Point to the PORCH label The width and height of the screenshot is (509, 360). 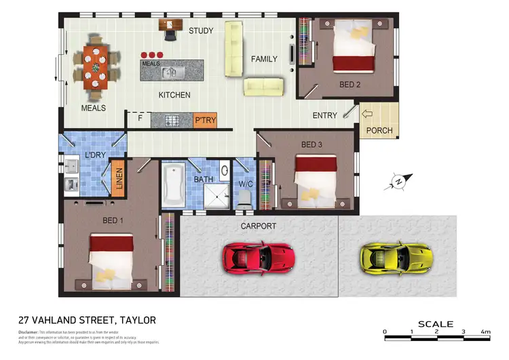[379, 131]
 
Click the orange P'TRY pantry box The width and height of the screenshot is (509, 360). [204, 120]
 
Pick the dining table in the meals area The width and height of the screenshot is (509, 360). [96, 67]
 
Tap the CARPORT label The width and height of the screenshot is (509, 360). [259, 226]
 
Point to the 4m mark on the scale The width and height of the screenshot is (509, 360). [485, 332]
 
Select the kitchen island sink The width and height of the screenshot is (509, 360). [174, 71]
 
